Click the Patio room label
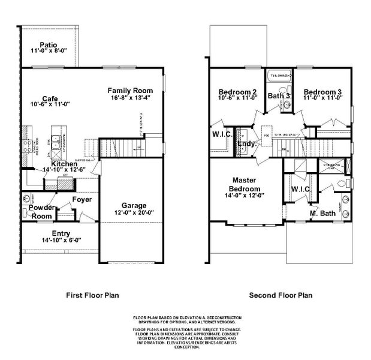point(49,45)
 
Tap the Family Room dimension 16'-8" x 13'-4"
point(129,98)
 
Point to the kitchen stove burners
point(27,143)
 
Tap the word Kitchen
point(64,164)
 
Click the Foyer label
point(82,199)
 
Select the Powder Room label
point(42,212)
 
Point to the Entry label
point(61,233)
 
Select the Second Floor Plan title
point(280,295)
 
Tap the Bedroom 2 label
point(238,92)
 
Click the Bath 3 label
point(279,95)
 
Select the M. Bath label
point(322,214)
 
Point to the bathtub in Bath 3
point(279,76)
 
